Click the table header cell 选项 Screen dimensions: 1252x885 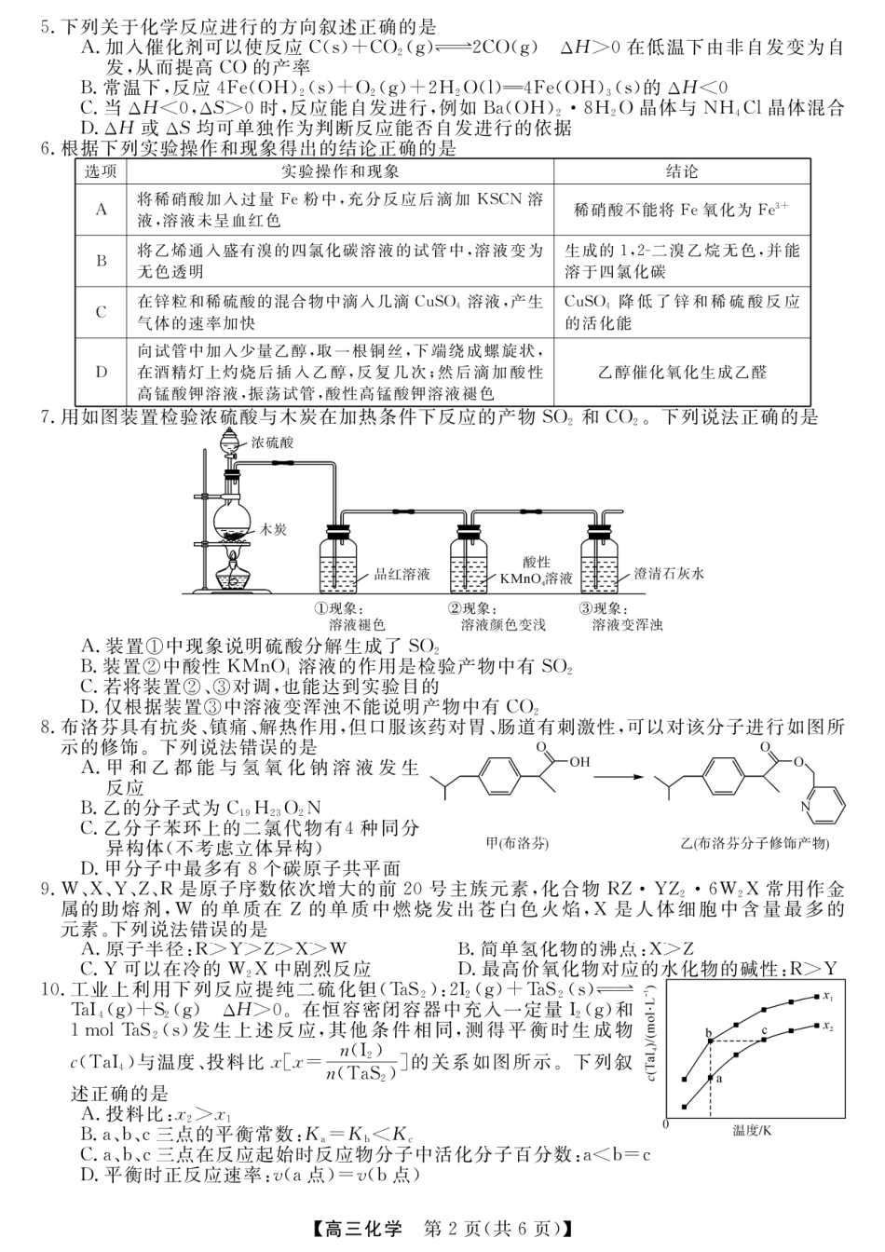(101, 172)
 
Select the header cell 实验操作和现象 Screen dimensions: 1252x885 (340, 172)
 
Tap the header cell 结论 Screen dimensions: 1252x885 (681, 172)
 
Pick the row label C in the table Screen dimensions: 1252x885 (101, 313)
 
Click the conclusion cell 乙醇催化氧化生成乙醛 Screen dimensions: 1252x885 (681, 372)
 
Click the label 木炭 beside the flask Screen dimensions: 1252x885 (274, 528)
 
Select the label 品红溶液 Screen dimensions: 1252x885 (402, 575)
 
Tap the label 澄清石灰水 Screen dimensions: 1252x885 (669, 574)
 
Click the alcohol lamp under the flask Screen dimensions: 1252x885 (233, 573)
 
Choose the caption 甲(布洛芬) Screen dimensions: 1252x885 (517, 843)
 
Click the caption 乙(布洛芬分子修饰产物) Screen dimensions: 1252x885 (755, 843)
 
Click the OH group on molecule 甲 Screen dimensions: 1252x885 (580, 761)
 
